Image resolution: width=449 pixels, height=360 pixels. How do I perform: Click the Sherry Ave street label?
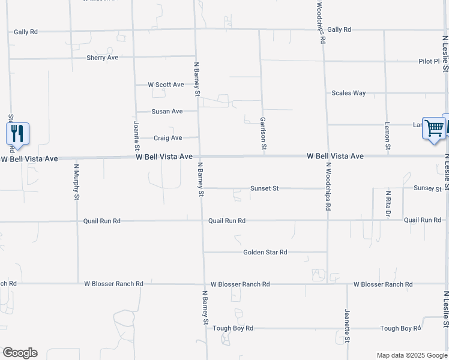tap(102, 58)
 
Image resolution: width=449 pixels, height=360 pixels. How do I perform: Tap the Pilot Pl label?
tap(429, 61)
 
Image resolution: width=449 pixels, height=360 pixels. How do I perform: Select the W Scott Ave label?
tap(166, 85)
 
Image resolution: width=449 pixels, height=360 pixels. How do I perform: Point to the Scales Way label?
tap(349, 93)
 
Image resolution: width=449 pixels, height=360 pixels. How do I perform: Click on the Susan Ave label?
tap(167, 111)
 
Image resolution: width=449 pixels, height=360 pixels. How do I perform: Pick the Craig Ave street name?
tap(167, 138)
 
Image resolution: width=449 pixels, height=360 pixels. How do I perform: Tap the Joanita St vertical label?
tap(137, 135)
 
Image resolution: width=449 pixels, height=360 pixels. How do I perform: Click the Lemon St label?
tap(387, 137)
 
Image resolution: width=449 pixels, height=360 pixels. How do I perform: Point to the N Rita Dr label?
tap(388, 203)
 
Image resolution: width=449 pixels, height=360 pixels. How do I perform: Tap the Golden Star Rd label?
tap(265, 253)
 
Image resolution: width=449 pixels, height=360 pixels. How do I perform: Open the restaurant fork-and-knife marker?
tap(17, 133)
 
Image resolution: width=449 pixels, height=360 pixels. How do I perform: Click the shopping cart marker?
tap(433, 128)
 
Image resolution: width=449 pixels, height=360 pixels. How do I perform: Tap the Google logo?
tap(20, 353)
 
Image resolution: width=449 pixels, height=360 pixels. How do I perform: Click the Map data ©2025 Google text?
tap(411, 355)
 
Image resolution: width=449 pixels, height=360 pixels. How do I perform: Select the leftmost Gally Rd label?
tap(26, 31)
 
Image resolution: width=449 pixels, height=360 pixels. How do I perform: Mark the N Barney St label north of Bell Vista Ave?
tap(196, 79)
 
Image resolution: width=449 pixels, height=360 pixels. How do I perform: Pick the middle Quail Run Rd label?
tap(227, 221)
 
